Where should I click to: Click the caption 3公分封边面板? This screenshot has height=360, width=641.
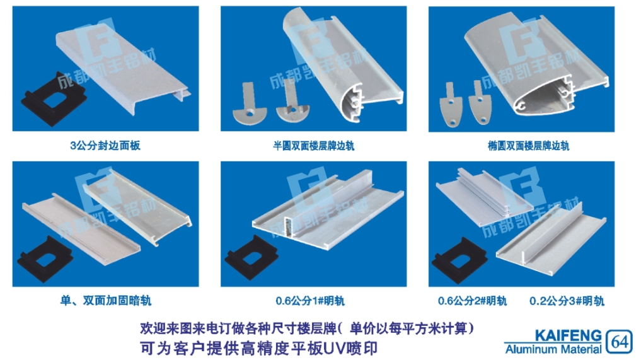105,145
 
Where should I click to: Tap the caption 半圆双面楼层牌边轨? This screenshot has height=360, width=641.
313,146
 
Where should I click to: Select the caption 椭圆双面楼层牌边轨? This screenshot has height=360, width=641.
528,146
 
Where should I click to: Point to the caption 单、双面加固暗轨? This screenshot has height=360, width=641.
105,301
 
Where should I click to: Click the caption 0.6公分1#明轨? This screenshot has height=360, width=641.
310,301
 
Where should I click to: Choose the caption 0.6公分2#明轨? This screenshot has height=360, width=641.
472,301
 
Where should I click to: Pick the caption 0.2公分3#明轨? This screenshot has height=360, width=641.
567,301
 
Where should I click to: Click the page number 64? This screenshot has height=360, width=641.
620,342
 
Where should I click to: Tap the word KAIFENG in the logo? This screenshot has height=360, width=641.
569,336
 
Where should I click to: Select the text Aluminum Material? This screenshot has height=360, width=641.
553,349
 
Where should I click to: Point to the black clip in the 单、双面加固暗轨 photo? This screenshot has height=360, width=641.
45,259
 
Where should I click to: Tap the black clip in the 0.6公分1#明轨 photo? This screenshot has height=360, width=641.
251,257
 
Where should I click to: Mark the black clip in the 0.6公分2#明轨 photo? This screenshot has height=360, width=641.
459,260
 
